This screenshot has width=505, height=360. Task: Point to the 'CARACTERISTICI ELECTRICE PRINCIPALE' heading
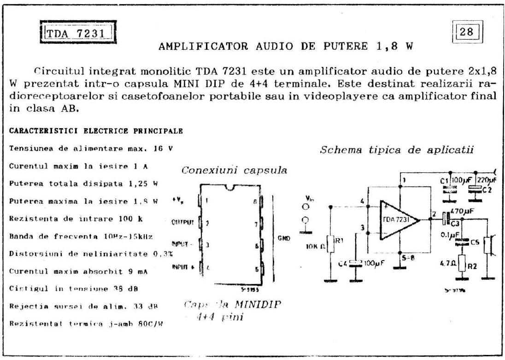96,131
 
